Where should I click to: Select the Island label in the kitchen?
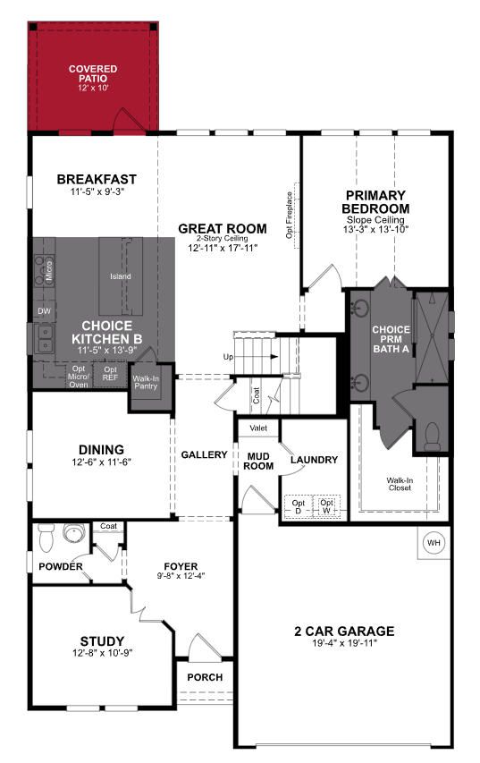click(120, 276)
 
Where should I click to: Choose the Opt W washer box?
click(327, 506)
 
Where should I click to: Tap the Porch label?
click(205, 677)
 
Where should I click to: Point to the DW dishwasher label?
click(43, 311)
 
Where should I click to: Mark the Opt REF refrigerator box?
click(110, 375)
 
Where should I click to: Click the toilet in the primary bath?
click(431, 436)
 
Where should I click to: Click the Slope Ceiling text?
click(375, 219)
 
